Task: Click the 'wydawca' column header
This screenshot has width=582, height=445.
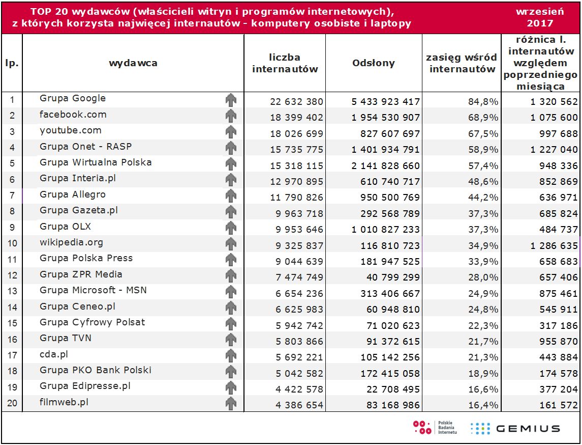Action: click(x=133, y=63)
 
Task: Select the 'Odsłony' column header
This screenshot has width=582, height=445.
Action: click(x=374, y=63)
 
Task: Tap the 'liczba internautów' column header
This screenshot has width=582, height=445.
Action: click(x=285, y=63)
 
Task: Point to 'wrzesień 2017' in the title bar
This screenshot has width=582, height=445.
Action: click(x=540, y=17)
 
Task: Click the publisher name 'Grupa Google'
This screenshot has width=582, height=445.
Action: click(x=73, y=98)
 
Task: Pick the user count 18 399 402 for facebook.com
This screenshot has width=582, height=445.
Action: click(x=296, y=118)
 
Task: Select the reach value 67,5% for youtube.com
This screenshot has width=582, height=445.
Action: click(x=483, y=133)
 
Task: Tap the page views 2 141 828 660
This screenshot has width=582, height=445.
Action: click(x=386, y=165)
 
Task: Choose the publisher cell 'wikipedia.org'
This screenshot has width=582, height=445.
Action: click(x=71, y=242)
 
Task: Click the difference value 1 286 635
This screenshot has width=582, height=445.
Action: click(x=554, y=245)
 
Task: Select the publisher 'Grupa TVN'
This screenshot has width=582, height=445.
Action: click(x=66, y=338)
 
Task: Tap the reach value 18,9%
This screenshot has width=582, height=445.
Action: click(x=483, y=373)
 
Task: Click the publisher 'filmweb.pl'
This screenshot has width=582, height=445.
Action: click(x=64, y=402)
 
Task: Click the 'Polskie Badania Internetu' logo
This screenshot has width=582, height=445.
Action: click(x=435, y=428)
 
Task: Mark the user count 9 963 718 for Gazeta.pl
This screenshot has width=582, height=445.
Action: click(x=296, y=213)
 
